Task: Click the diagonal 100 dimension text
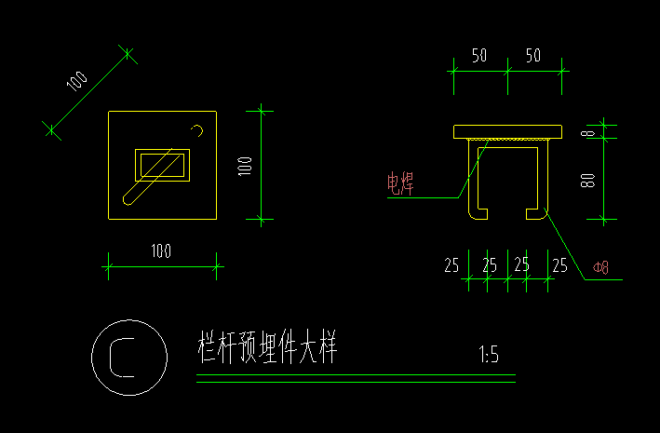tap(77, 81)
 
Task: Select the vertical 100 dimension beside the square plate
tap(245, 166)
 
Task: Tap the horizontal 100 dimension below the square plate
tap(161, 250)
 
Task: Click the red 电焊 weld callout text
tap(401, 183)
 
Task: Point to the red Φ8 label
tap(600, 269)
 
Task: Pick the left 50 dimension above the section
tap(479, 56)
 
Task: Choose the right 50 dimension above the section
tap(533, 56)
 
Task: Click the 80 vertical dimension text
tap(587, 178)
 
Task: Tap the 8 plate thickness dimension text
tap(587, 132)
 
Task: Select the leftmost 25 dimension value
tap(451, 265)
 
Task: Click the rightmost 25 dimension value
tap(559, 265)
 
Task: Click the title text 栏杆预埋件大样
tap(266, 349)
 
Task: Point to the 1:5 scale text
tap(489, 355)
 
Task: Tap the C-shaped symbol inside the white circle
tap(122, 357)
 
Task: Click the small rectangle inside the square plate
tap(163, 166)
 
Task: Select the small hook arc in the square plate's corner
tap(196, 129)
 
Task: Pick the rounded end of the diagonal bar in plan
tap(128, 197)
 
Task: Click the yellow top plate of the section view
tap(508, 131)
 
